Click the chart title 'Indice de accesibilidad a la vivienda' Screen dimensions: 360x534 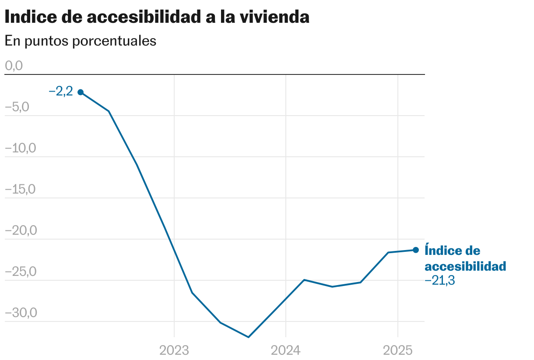coord(157,17)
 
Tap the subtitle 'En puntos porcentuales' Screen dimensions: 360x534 coord(81,41)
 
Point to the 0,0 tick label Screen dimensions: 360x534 coord(14,66)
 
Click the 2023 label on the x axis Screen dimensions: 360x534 coord(174,350)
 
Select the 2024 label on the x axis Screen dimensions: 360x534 coord(286,350)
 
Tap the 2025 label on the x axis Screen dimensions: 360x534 coord(398,350)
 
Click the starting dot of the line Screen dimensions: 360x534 coord(81,92)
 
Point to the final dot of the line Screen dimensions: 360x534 coord(416,250)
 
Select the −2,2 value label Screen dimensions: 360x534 coord(61,92)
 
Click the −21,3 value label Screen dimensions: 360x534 coord(440,281)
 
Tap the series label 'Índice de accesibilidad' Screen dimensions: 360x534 coord(465,258)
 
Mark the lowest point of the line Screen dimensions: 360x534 coord(249,337)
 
